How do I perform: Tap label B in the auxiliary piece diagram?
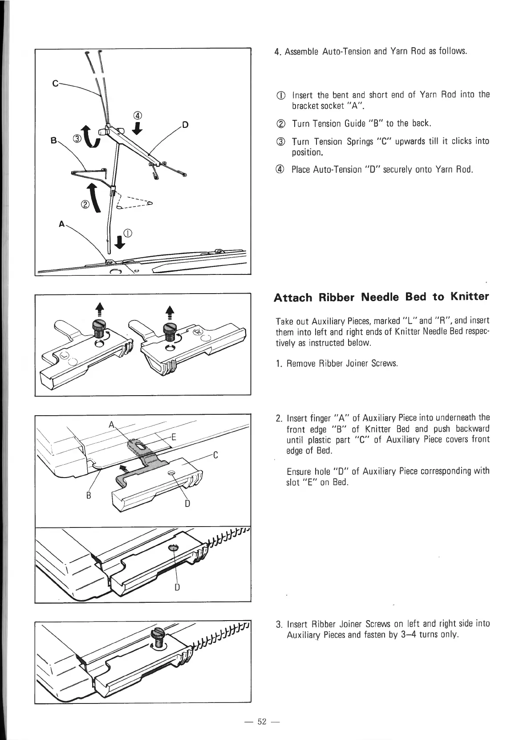(89, 495)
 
